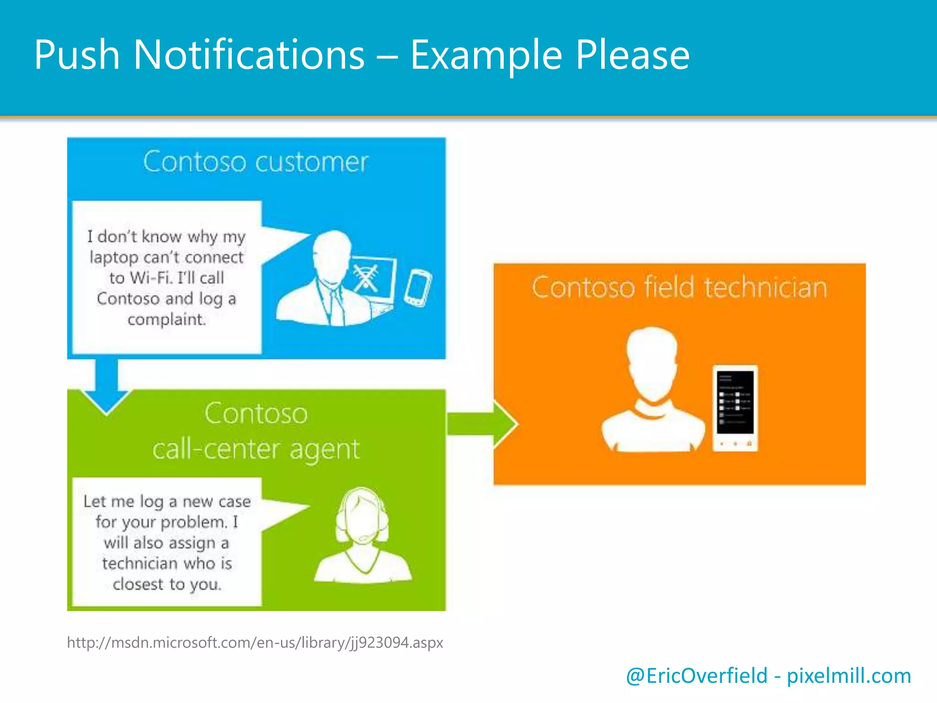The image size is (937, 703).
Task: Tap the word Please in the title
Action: point(632,55)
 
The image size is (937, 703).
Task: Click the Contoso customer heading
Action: point(255,162)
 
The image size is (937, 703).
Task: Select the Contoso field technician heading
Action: point(679,288)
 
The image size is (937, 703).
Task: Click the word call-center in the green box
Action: point(215,449)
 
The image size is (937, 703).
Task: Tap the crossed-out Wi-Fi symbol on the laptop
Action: point(366,278)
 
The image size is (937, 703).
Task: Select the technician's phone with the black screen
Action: point(735,407)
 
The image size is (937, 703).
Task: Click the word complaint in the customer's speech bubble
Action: point(166,319)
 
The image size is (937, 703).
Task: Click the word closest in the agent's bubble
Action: point(138,584)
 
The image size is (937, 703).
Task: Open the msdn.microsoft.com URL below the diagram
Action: point(255,643)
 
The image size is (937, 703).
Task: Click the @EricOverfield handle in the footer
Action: point(696,676)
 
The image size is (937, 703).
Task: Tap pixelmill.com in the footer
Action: point(849,676)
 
